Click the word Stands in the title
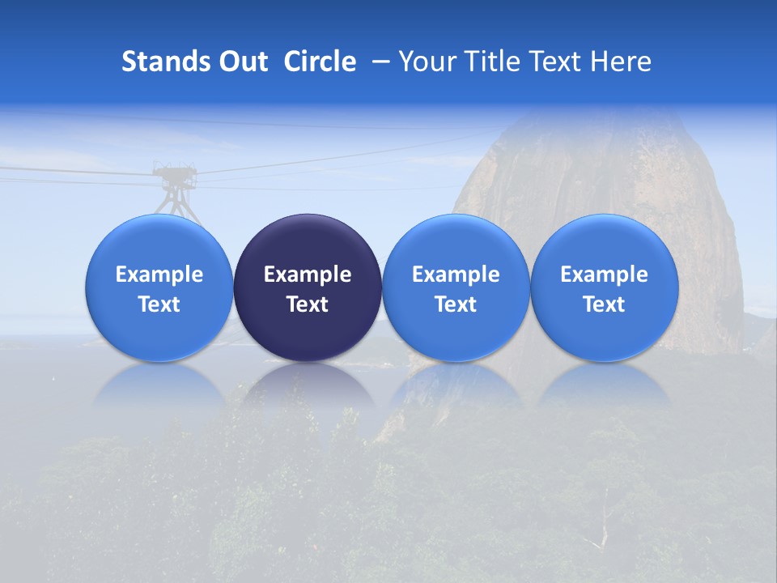coord(164,62)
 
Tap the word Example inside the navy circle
coord(308,274)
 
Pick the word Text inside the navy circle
coord(308,304)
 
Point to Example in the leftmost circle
coord(159,274)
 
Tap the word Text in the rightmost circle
coord(604,304)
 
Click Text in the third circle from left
coord(456,304)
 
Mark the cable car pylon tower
coord(176,190)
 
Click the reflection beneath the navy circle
coord(308,389)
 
